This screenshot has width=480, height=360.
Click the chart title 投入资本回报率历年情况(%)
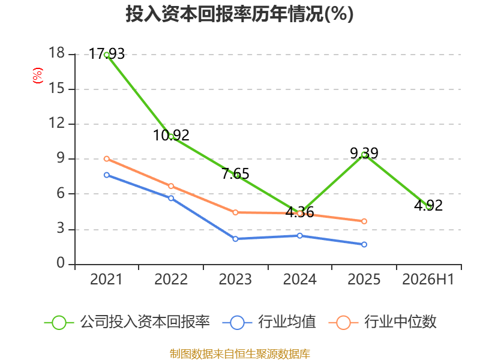point(239,14)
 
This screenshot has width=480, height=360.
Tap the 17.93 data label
point(107,54)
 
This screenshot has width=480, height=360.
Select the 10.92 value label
point(171,136)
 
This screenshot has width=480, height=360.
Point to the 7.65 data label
point(235,173)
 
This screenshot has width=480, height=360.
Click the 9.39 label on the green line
point(364,153)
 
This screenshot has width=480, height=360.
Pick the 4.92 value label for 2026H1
point(428,205)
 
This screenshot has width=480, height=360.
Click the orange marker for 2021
point(107,159)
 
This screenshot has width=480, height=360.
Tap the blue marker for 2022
point(171,199)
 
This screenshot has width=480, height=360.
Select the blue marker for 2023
point(235,239)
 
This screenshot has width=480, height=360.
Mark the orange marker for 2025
point(364,221)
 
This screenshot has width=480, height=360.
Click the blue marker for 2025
point(364,245)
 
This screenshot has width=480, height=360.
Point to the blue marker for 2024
point(300,236)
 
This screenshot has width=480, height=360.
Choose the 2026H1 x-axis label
point(428,280)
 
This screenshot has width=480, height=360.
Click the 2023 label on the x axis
point(235,280)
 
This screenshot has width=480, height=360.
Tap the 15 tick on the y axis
point(56,89)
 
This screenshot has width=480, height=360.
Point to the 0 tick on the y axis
point(61,263)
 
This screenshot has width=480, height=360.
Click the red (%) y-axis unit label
point(38,76)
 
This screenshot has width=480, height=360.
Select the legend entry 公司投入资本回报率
point(127,322)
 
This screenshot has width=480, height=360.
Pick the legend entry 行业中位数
point(382,322)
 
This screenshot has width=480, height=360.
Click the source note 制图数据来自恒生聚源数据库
point(240,354)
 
